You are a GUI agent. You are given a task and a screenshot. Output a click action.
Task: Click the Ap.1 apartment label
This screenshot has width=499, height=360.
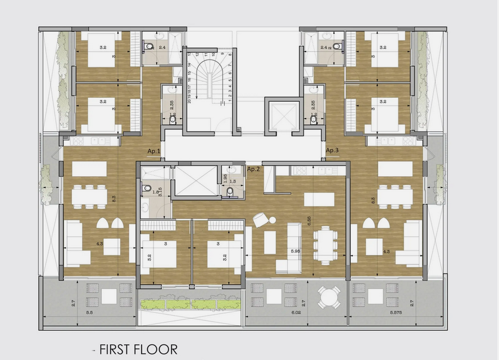(x=154, y=151)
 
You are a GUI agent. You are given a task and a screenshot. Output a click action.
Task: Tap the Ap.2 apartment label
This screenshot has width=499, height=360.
(x=254, y=168)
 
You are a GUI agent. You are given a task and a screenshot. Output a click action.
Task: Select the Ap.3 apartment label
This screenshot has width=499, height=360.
(x=333, y=151)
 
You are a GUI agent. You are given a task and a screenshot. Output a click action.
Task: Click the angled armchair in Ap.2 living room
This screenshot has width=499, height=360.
(x=260, y=220)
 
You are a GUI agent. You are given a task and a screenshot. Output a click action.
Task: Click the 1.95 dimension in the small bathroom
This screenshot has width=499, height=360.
(x=225, y=179)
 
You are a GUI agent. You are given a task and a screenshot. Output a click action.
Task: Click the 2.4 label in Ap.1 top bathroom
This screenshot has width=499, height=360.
(x=162, y=48)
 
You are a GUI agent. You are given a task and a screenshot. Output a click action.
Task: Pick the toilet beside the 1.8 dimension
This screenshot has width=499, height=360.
(x=146, y=188)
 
